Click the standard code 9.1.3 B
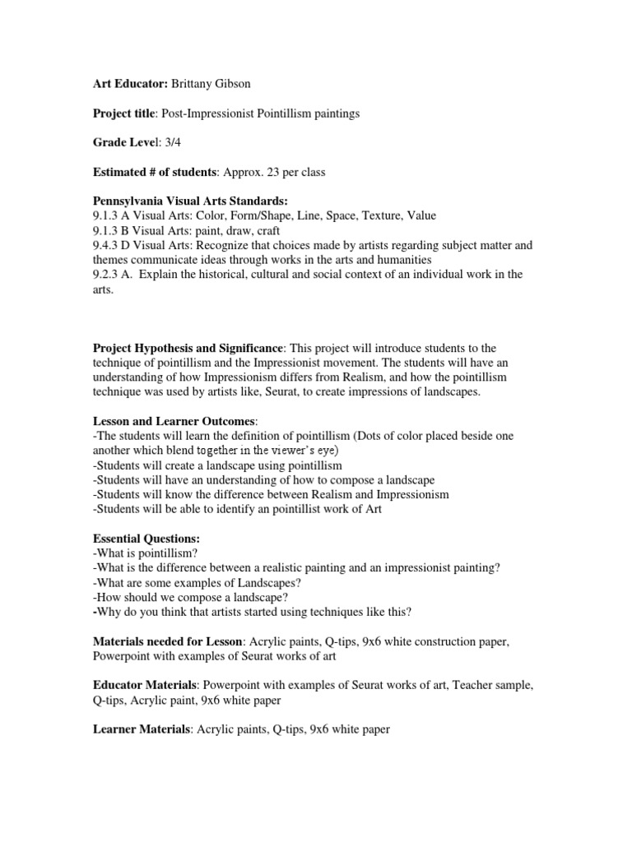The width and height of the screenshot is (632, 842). (x=114, y=230)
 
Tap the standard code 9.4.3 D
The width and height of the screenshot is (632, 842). (x=115, y=245)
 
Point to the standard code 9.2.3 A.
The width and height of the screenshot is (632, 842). (x=114, y=275)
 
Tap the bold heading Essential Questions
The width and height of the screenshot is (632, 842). (x=146, y=539)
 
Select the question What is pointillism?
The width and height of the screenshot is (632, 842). (x=146, y=553)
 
